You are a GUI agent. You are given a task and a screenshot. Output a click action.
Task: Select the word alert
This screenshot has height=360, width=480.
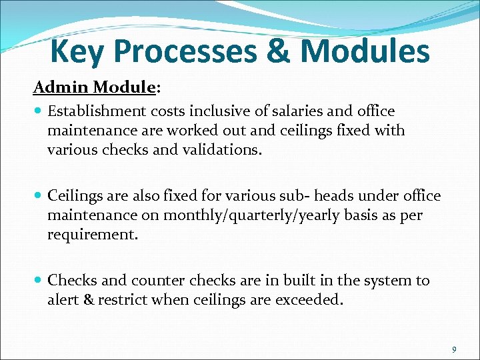[64, 299]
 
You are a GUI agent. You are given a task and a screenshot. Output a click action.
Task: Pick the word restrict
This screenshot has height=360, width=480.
[123, 299]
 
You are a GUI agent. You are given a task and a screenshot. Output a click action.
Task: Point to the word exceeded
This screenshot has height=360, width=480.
[311, 299]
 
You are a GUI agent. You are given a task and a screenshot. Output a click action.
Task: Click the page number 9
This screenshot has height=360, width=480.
[454, 349]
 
